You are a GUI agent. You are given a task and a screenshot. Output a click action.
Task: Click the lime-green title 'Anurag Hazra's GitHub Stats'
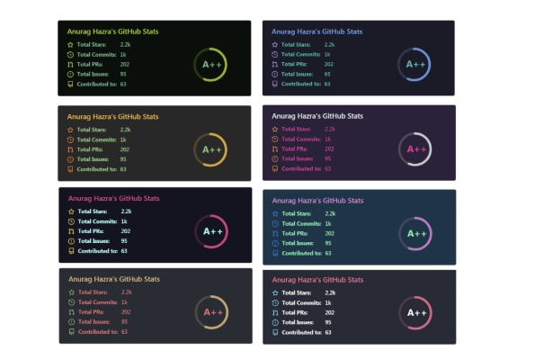(112, 31)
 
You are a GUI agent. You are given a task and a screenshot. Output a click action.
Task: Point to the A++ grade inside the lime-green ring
(212, 65)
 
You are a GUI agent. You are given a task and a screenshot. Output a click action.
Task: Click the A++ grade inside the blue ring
(415, 64)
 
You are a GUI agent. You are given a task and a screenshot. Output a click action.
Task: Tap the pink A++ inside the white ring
(416, 148)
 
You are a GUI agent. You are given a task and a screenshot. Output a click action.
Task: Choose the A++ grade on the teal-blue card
(416, 233)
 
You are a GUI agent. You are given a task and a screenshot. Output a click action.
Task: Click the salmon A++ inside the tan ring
(212, 312)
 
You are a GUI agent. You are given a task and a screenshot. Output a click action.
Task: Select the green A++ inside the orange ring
(212, 149)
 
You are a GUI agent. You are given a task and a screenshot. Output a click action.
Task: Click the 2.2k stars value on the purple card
(329, 129)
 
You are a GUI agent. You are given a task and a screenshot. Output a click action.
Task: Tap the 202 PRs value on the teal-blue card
(329, 233)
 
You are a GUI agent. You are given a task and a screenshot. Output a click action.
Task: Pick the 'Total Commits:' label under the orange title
(95, 139)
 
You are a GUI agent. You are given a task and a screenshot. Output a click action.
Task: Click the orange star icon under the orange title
(70, 130)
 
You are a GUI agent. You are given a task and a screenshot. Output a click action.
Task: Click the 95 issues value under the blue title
(327, 74)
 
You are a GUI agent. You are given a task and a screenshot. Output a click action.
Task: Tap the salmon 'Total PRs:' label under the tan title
(92, 311)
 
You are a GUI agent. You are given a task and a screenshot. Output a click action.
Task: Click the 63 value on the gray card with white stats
(329, 332)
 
